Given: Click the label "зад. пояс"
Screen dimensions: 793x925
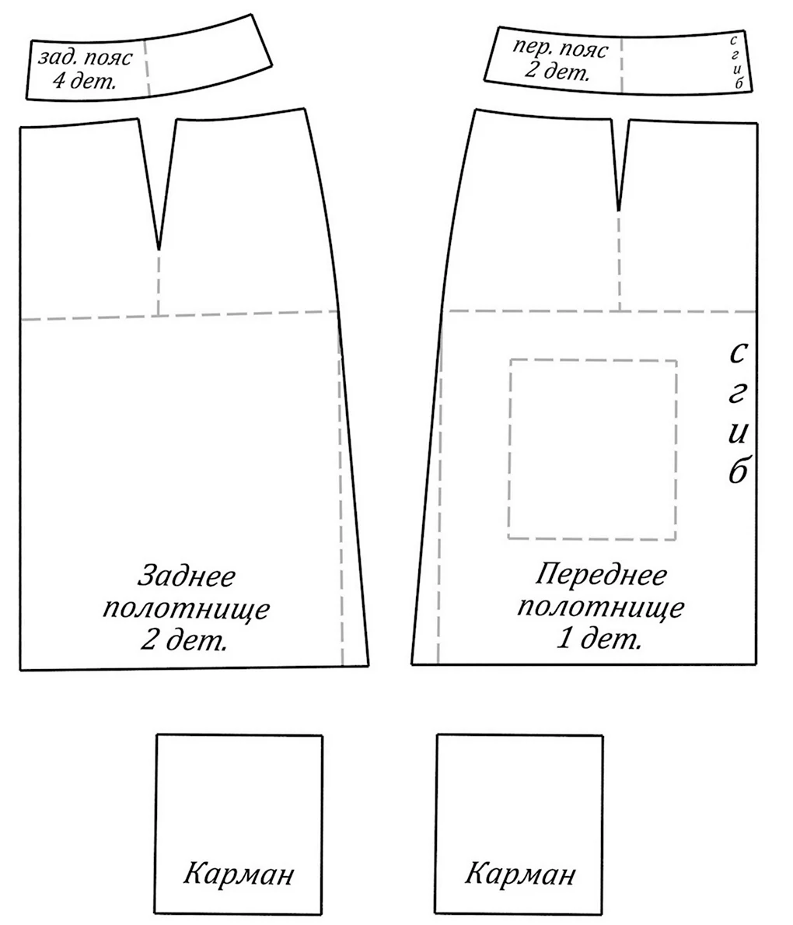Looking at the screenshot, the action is (86, 58).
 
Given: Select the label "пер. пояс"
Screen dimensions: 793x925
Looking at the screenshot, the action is (559, 50).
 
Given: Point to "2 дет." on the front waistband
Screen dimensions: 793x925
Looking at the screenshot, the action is (557, 72).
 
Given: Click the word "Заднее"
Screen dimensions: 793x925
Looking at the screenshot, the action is (187, 576).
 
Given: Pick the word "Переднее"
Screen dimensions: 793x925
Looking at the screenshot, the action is (601, 575).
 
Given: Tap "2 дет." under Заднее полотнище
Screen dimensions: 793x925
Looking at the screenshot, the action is (183, 639).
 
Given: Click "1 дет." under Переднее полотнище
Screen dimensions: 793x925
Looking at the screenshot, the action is (599, 638).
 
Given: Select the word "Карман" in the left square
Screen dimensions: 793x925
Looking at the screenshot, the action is (238, 874).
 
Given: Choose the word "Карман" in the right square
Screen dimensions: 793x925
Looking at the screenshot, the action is (520, 874).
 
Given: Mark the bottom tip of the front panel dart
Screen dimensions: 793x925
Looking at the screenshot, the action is (619, 210).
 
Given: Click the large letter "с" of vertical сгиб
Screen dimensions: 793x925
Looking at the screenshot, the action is (738, 354).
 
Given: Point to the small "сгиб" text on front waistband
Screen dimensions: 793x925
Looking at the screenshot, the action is (735, 62).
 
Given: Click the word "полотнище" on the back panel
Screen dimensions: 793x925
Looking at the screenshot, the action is (187, 609).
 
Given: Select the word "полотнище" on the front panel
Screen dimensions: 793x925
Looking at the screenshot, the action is (601, 607).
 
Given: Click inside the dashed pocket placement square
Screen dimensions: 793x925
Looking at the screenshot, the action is (592, 449).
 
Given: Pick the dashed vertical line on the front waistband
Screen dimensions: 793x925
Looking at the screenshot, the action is (622, 65).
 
